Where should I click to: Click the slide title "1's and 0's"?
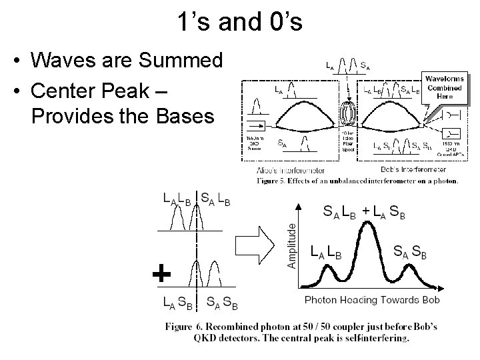coord(240,23)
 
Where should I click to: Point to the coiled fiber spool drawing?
coord(349,111)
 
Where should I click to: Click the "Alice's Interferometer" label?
coord(282,169)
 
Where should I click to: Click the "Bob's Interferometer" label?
coord(404,169)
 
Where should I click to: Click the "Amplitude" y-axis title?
coord(291,245)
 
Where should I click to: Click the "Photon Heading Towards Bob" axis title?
coord(372,299)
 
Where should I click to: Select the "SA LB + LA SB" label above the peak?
coord(363,212)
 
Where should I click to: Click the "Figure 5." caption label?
coord(274,180)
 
